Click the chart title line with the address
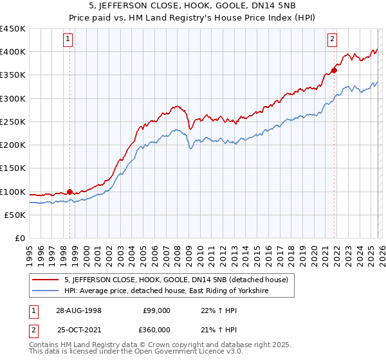tap(192, 6)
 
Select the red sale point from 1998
tap(69, 191)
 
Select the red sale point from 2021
tap(334, 70)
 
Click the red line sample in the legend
tap(46, 280)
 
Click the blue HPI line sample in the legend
tap(46, 291)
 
